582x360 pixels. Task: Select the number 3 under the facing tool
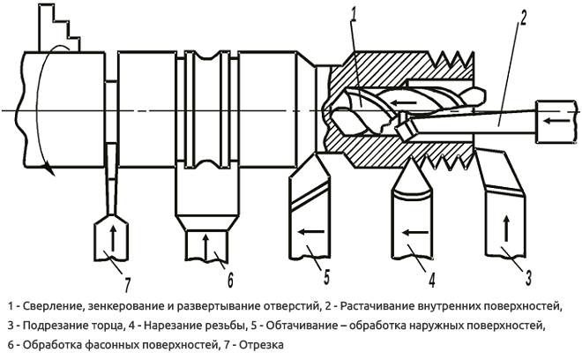[x=527, y=278]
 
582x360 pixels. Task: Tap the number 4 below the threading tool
[x=432, y=281]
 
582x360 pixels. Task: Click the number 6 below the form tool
[x=229, y=280]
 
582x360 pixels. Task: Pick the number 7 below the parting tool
[x=127, y=282]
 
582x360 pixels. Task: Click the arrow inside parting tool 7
[x=113, y=238]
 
